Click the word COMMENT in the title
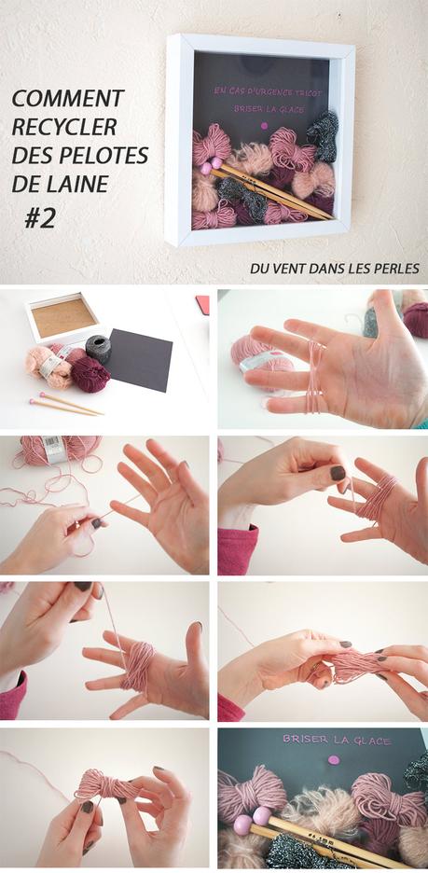(x=67, y=98)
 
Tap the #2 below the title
(x=40, y=217)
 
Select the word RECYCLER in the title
(x=62, y=127)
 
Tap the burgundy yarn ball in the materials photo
(x=90, y=372)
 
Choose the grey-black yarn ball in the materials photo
(x=97, y=347)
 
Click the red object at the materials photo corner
(x=202, y=302)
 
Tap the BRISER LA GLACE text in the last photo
(x=324, y=739)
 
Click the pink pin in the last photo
(x=332, y=760)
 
